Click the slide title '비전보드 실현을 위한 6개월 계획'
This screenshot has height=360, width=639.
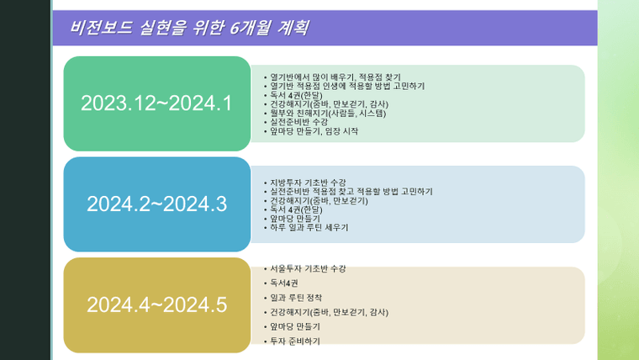pos(189,28)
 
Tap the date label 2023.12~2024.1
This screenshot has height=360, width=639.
pos(156,103)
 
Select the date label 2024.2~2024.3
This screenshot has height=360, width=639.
pos(156,204)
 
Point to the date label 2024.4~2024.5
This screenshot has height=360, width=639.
pos(156,305)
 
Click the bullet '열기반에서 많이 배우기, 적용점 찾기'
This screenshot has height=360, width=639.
pos(335,77)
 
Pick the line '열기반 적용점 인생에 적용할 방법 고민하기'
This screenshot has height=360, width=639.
pos(347,86)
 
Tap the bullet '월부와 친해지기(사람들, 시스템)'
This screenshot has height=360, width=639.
pos(328,113)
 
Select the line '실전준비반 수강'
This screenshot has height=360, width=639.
pos(298,122)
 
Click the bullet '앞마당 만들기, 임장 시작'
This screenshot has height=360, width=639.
pos(314,131)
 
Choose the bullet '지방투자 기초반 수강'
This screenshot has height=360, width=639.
pos(308,183)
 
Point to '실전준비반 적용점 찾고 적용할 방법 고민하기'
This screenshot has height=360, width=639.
pos(351,192)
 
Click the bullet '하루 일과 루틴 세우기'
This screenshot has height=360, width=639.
pos(309,227)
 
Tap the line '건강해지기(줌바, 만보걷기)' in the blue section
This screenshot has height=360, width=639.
pos(319,200)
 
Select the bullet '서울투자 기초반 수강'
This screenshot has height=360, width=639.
pos(308,268)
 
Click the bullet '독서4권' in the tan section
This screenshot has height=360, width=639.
pos(284,283)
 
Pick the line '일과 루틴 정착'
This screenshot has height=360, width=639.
pos(296,298)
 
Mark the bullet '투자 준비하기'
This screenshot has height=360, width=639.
pos(295,341)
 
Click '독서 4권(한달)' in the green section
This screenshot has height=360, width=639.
pos(296,95)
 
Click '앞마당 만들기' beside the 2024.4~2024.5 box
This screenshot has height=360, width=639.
pos(295,326)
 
